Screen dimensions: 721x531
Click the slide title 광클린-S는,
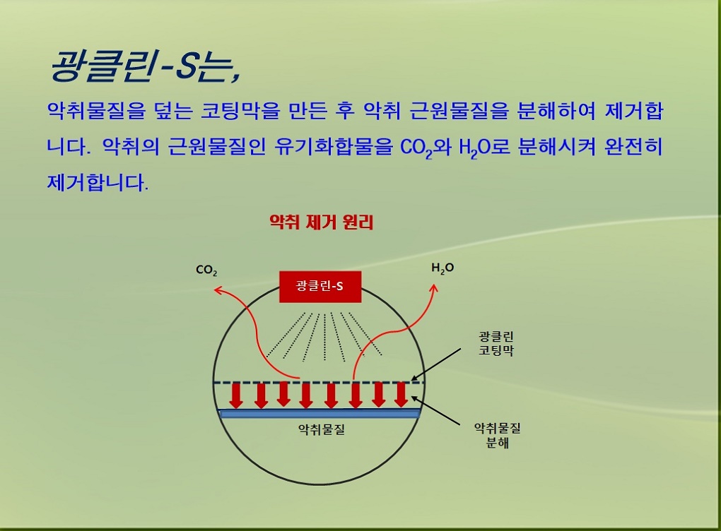pyautogui.click(x=145, y=66)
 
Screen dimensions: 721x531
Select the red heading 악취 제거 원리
pyautogui.click(x=321, y=222)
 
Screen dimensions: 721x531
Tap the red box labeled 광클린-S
pyautogui.click(x=320, y=287)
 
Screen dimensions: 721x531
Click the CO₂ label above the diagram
pyautogui.click(x=206, y=270)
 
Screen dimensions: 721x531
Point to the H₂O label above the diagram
pyautogui.click(x=442, y=268)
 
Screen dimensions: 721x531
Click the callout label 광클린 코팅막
pyautogui.click(x=496, y=344)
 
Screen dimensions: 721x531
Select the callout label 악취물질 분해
pyautogui.click(x=497, y=436)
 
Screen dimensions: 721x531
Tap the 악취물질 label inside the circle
pyautogui.click(x=322, y=429)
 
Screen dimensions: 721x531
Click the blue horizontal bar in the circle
pyautogui.click(x=320, y=413)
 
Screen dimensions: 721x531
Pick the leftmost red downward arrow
pyautogui.click(x=236, y=395)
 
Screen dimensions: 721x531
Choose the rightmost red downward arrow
pyautogui.click(x=401, y=395)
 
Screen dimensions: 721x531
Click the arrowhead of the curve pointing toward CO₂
pyautogui.click(x=218, y=290)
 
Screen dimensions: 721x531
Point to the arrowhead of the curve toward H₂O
pyautogui.click(x=433, y=288)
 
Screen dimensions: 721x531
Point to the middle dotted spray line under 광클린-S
pyautogui.click(x=324, y=337)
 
